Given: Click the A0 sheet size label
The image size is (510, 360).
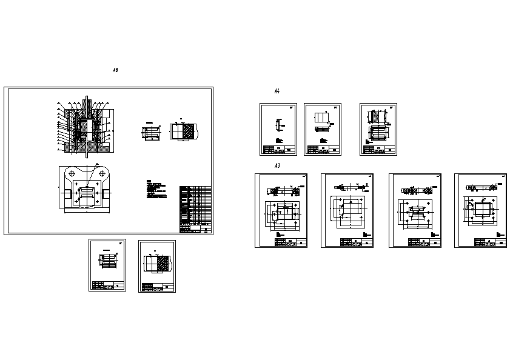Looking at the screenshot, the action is (115, 71).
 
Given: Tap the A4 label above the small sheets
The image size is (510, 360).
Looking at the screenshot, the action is (277, 92).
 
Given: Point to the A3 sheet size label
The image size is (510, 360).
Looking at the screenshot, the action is (277, 165).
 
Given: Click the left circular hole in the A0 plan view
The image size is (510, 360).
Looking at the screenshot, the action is (72, 174).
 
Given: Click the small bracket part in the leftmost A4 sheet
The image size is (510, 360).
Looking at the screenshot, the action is (278, 125).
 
